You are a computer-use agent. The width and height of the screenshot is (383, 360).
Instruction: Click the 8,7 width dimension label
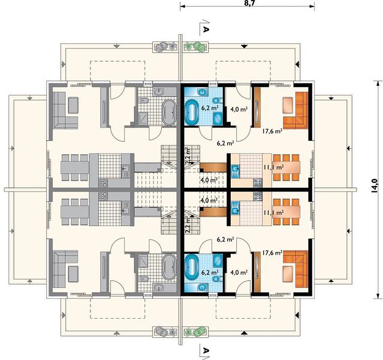pos(247,4)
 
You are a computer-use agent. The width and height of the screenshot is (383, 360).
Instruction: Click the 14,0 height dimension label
pos(375,186)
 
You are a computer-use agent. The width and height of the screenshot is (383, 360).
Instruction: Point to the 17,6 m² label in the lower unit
pos(273,253)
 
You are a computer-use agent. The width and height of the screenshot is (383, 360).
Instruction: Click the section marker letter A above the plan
pos(206,29)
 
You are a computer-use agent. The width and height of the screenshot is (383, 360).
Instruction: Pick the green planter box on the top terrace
pos(195,47)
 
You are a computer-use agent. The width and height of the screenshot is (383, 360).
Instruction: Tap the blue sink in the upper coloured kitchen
pos(236,169)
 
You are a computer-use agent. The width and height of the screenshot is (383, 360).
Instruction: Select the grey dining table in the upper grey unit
pos(75,167)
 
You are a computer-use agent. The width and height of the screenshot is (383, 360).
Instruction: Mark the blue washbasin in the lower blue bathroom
pos(202,287)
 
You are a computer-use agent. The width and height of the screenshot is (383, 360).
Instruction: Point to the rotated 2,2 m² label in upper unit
pos(188,156)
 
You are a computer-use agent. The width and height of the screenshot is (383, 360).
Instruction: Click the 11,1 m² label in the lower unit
pos(273,213)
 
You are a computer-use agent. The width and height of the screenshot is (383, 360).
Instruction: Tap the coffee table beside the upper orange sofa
pos(288,106)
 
